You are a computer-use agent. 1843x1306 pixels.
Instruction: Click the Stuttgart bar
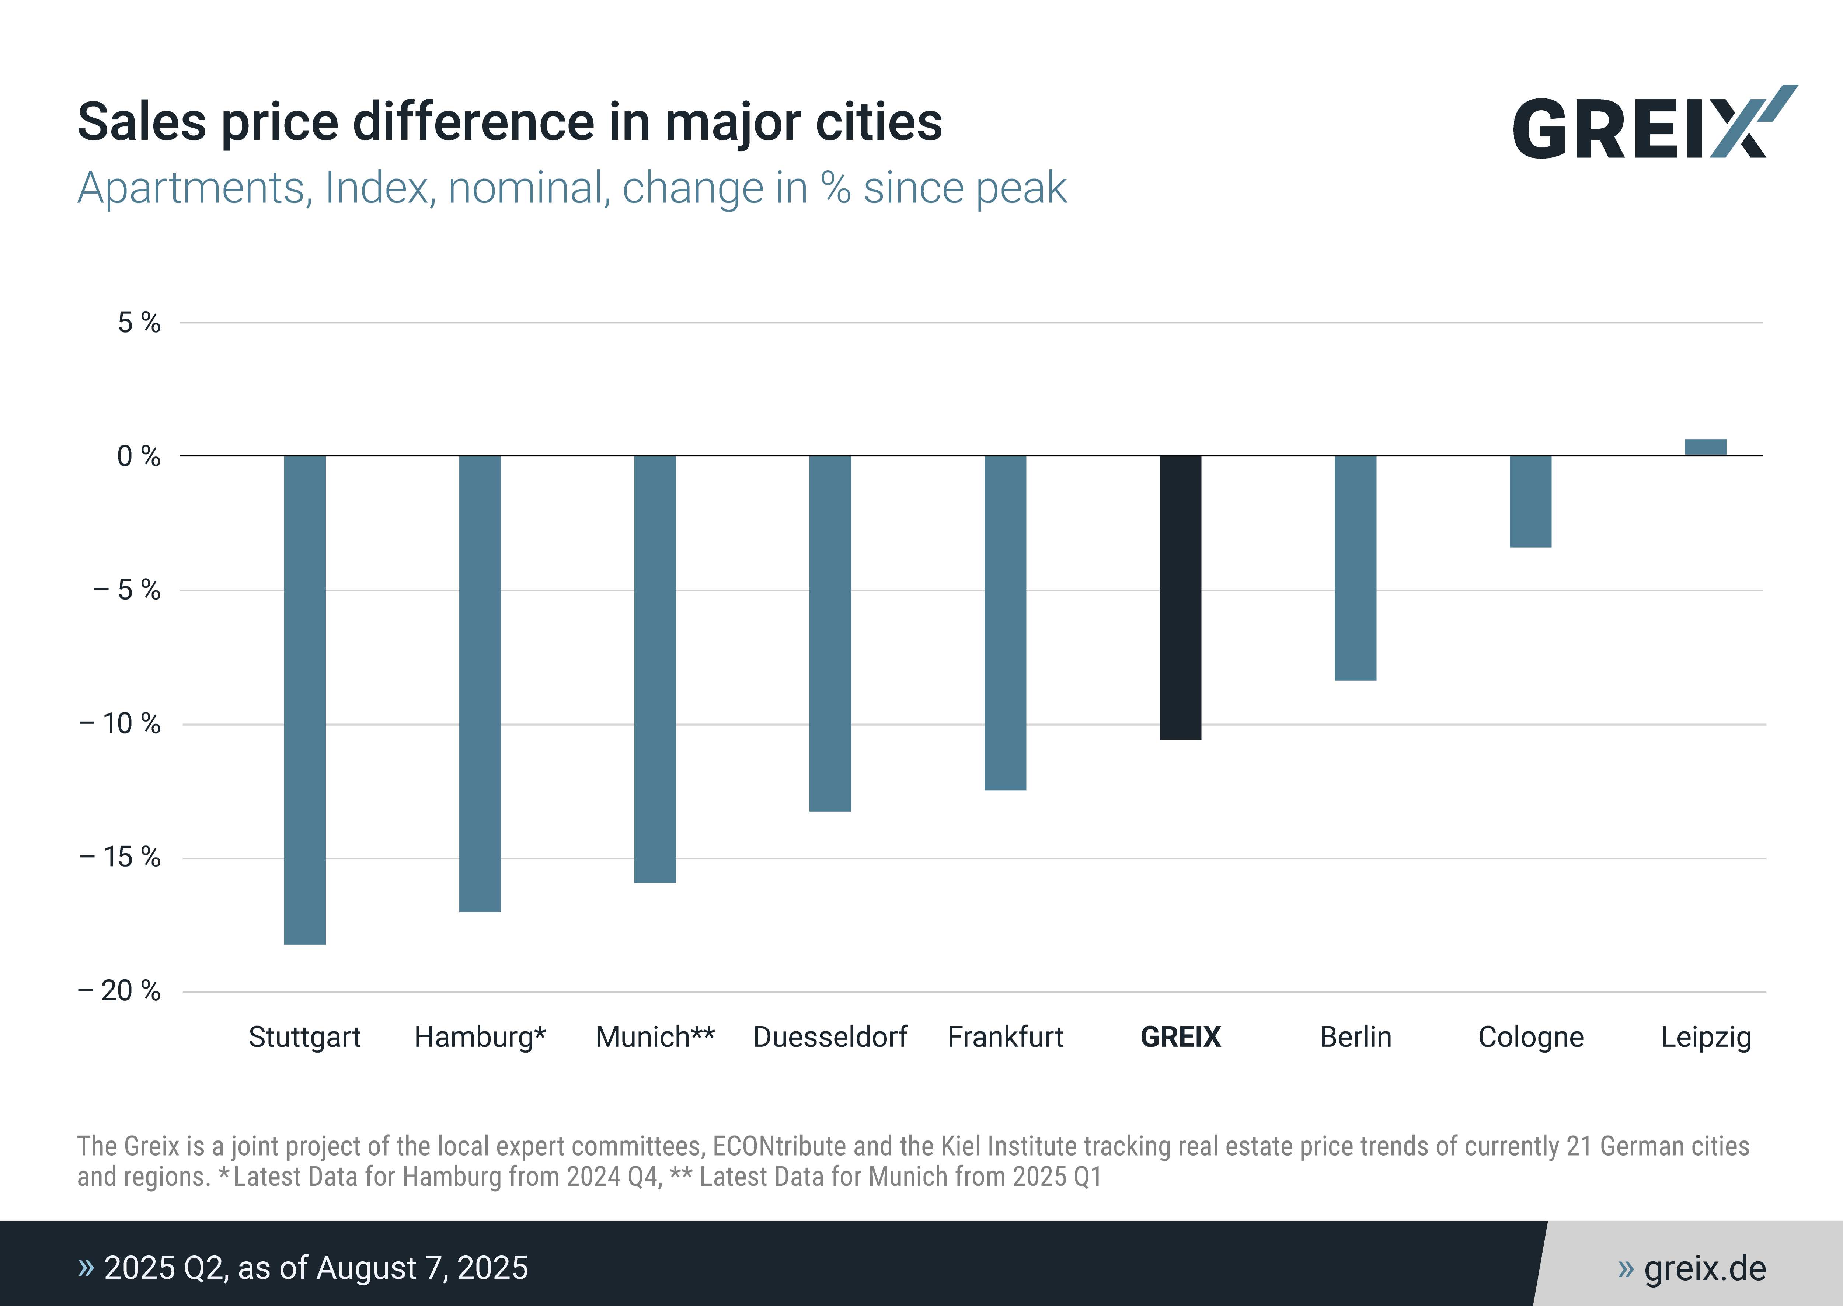(x=304, y=700)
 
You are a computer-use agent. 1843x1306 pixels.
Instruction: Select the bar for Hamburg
(x=480, y=684)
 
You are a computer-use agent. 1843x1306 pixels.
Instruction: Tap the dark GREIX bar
(x=1180, y=598)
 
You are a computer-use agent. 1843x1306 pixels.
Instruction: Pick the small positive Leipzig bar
(x=1706, y=447)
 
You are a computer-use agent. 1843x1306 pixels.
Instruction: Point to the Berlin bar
(x=1355, y=568)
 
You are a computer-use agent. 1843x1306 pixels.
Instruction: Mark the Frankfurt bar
(x=1005, y=622)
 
